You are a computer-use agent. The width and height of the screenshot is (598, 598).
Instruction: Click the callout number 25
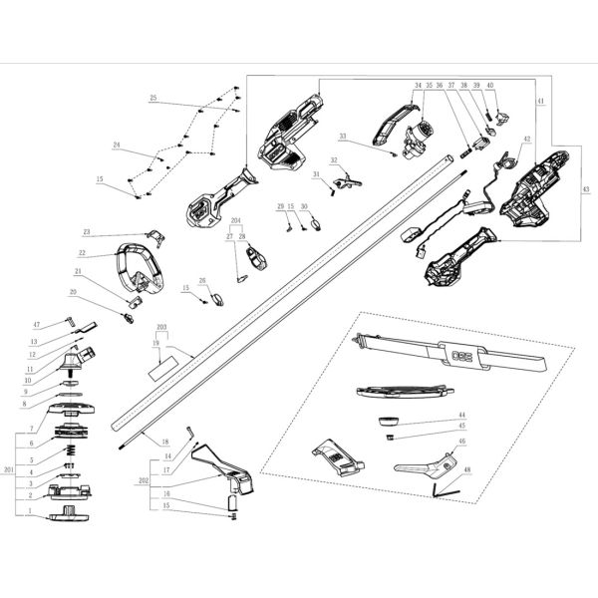coord(153,98)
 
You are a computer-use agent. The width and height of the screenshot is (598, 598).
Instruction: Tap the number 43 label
coord(586,189)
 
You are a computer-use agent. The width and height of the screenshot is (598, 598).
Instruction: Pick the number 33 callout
coord(342,136)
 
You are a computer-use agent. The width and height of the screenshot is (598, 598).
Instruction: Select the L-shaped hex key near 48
coord(442,487)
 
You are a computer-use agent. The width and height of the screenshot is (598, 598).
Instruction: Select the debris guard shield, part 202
coord(224,468)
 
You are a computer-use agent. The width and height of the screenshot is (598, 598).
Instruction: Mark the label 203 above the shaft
coord(161,327)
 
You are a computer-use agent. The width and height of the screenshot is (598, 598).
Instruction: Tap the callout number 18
coord(165,440)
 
